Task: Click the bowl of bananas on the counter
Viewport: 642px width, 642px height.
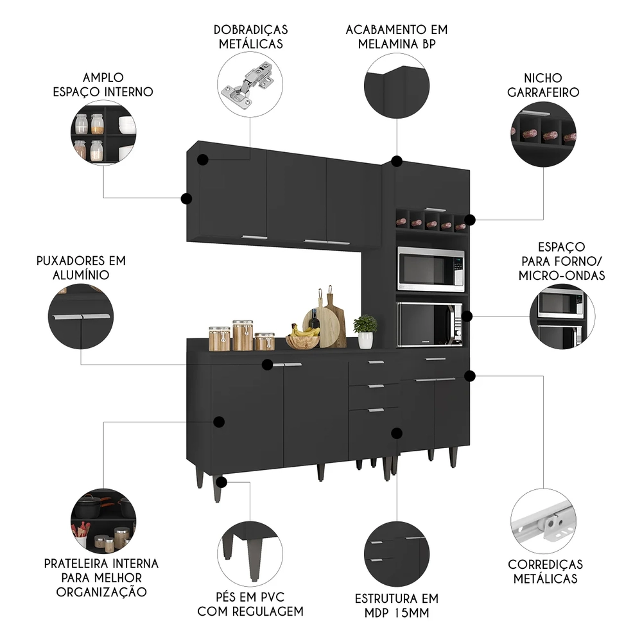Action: tap(302, 336)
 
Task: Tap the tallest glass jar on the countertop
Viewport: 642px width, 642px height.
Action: tap(243, 335)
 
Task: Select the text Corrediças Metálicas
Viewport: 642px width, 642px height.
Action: tap(545, 571)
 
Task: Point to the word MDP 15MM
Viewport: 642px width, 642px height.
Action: tap(396, 612)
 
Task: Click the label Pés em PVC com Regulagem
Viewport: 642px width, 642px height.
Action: tap(250, 603)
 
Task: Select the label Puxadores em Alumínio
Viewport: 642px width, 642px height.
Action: tap(80, 268)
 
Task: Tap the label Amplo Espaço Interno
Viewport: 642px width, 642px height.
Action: tap(103, 84)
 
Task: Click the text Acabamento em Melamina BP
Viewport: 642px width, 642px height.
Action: tap(396, 37)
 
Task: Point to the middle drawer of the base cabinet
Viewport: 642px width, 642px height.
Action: tap(374, 388)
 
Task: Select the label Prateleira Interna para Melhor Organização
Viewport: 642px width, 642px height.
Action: tap(101, 577)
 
